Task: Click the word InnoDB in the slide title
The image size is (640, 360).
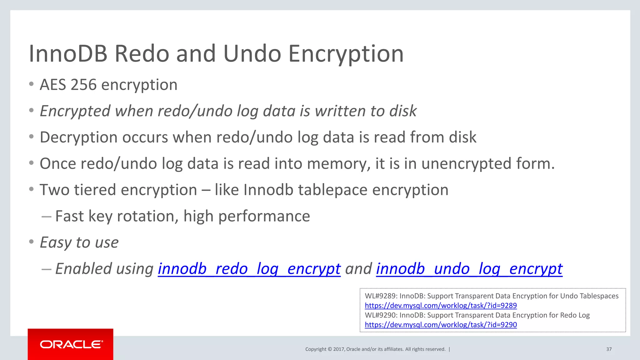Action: pyautogui.click(x=68, y=54)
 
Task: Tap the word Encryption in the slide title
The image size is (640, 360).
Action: pyautogui.click(x=346, y=54)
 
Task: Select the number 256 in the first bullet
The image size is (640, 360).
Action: pyautogui.click(x=83, y=85)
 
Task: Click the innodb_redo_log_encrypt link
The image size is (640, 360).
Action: pyautogui.click(x=249, y=269)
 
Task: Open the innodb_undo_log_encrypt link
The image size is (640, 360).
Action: pyautogui.click(x=469, y=269)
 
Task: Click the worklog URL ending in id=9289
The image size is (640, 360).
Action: pyautogui.click(x=441, y=305)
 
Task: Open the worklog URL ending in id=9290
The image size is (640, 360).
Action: pyautogui.click(x=441, y=325)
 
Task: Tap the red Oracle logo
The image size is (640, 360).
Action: pyautogui.click(x=71, y=344)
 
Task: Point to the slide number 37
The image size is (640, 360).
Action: pyautogui.click(x=609, y=349)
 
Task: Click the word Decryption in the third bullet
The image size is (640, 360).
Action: pyautogui.click(x=78, y=137)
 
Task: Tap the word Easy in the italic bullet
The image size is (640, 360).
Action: pyautogui.click(x=56, y=242)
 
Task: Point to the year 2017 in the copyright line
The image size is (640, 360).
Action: pyautogui.click(x=339, y=349)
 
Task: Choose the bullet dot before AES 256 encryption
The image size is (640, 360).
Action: pyautogui.click(x=31, y=84)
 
